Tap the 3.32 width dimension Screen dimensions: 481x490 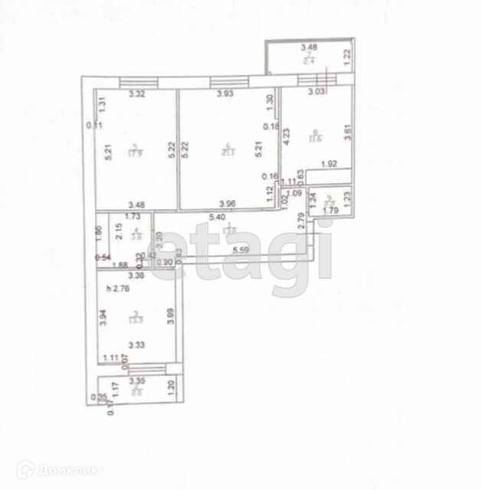click(x=137, y=94)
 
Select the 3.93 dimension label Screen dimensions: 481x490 click(x=224, y=94)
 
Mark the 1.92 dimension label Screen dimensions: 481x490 click(x=329, y=163)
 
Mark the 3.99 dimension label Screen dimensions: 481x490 click(x=171, y=315)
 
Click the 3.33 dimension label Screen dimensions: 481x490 click(x=138, y=345)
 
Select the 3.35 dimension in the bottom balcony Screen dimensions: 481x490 click(x=138, y=380)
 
